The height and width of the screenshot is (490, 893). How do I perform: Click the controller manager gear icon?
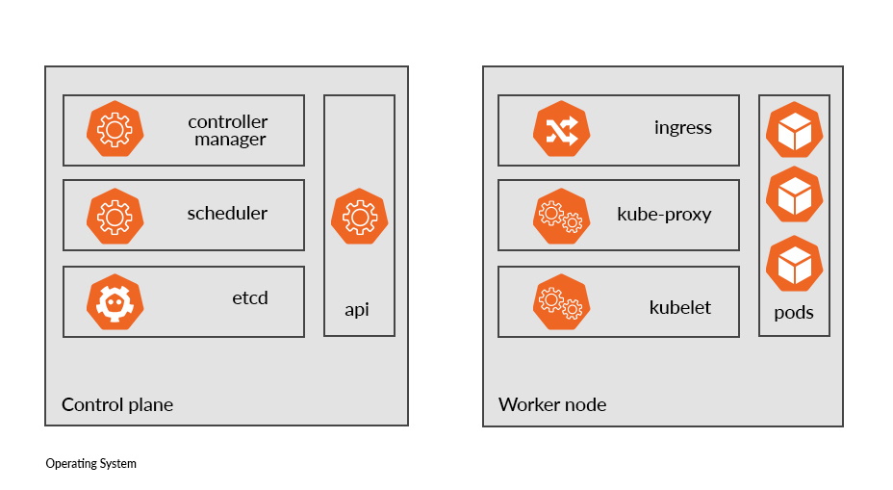click(x=115, y=129)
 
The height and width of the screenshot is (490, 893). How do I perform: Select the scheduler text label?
click(x=227, y=214)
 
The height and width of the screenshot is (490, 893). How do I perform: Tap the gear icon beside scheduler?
click(x=115, y=216)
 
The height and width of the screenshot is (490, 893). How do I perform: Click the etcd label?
click(x=250, y=298)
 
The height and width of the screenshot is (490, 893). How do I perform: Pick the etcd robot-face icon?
click(x=115, y=301)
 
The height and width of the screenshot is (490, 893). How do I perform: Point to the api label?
click(x=357, y=310)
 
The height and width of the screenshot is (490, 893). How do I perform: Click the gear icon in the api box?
click(x=359, y=217)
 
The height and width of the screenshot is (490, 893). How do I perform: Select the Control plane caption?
click(x=117, y=404)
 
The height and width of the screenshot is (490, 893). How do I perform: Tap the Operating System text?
click(x=91, y=464)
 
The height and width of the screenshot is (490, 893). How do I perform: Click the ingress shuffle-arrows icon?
click(x=561, y=130)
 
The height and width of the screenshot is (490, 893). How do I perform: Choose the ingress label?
click(x=683, y=128)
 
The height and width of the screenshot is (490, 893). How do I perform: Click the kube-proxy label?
click(x=664, y=214)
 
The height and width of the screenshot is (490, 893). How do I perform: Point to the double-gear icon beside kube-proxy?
click(x=561, y=217)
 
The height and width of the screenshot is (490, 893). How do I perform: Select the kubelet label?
click(x=680, y=308)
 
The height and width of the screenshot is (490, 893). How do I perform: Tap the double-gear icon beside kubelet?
click(x=561, y=303)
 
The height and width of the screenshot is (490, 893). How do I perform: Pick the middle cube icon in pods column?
click(x=794, y=195)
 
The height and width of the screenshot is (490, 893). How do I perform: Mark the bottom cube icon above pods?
click(x=794, y=264)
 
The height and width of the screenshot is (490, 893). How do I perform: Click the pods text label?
click(x=794, y=313)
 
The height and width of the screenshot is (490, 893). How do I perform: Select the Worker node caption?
click(x=552, y=404)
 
